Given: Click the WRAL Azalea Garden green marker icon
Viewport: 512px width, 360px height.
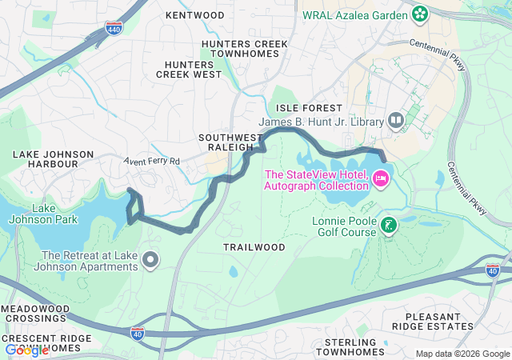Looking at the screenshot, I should (x=419, y=14).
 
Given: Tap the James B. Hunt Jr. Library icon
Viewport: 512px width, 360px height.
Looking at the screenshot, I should (x=395, y=121).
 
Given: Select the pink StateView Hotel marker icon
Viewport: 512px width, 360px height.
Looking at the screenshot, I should (x=381, y=175).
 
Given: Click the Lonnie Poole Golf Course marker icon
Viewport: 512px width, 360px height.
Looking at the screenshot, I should (x=388, y=226).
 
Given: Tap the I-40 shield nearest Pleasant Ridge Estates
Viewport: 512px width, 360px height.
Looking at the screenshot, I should (x=493, y=271).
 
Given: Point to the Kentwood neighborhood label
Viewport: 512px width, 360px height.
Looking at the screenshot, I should (x=194, y=15).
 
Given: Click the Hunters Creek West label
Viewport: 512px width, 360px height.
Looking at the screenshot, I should (x=189, y=69).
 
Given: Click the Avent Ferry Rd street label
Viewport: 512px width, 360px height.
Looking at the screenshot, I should (x=152, y=161).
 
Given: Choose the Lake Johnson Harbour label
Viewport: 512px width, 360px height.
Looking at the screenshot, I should (x=45, y=158).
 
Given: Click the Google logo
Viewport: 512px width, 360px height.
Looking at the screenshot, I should (x=26, y=350).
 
